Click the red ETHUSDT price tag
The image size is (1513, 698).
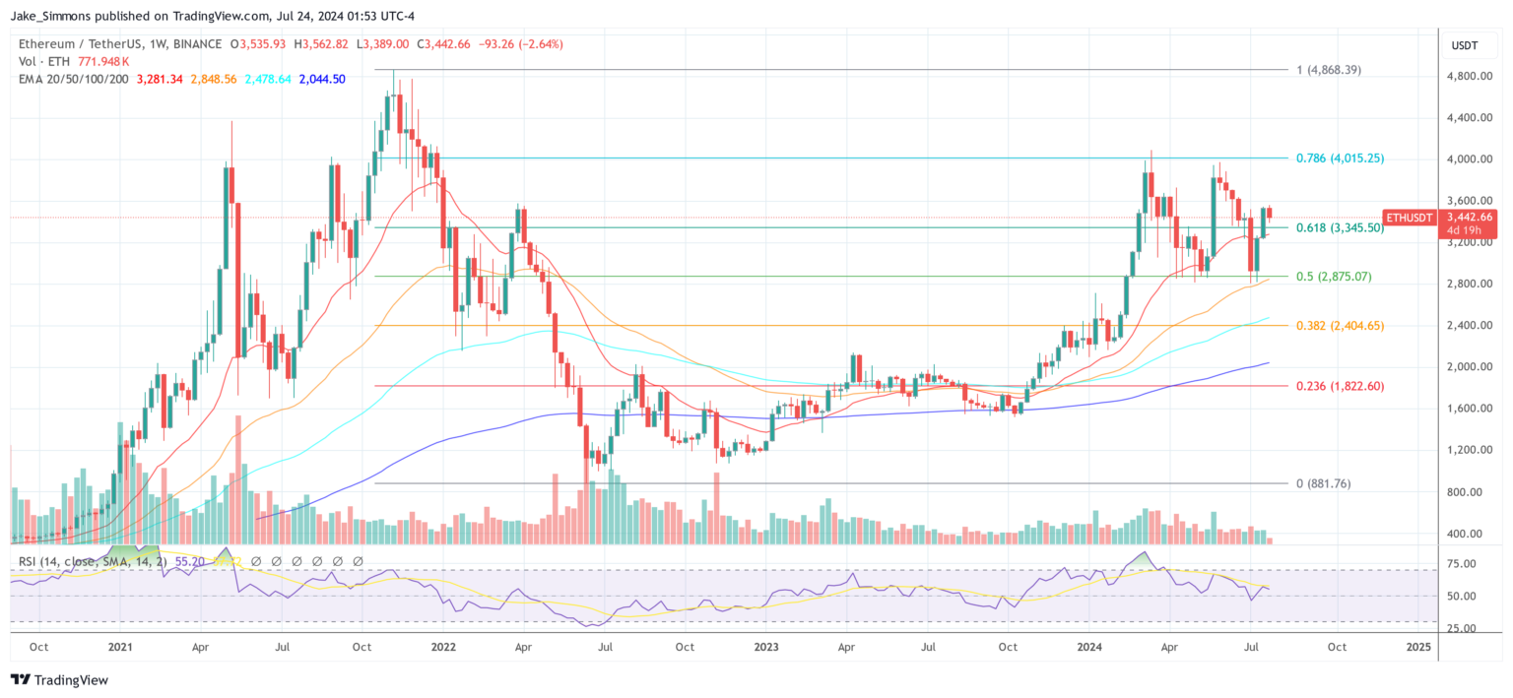(x=1411, y=217)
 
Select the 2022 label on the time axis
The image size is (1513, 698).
(x=443, y=647)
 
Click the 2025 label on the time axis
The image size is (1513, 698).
(x=1418, y=647)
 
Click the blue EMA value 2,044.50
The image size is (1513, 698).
(x=322, y=79)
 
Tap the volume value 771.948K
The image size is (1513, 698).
(x=105, y=61)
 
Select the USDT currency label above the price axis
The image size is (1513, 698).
(x=1465, y=45)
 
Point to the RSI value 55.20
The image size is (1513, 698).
(x=190, y=561)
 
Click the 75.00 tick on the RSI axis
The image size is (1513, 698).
(x=1462, y=564)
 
